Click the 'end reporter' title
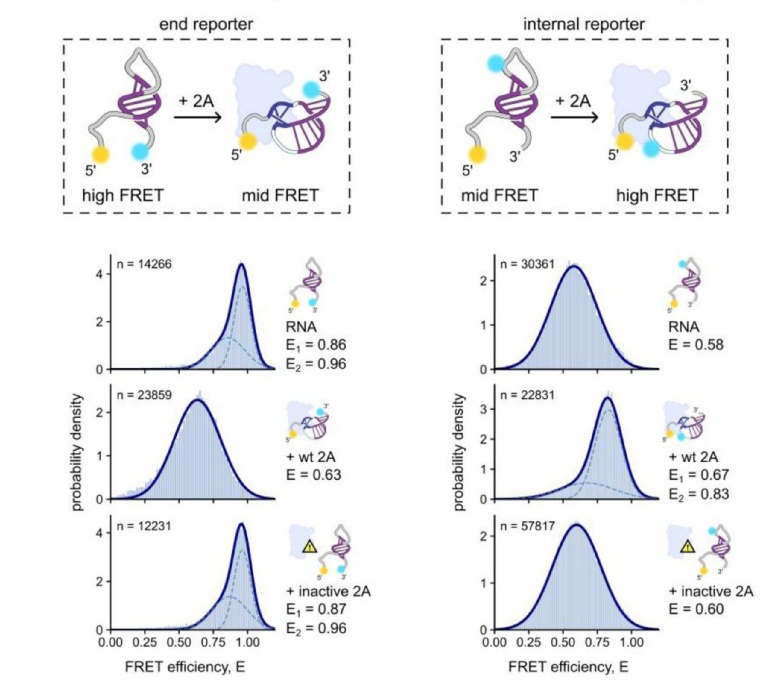(206, 25)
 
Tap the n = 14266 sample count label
(144, 264)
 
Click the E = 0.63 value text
(314, 475)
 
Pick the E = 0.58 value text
(696, 345)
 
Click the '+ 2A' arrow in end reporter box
(197, 117)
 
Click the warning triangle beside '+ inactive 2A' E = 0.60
(688, 547)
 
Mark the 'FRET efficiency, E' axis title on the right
(568, 667)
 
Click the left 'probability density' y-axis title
(77, 452)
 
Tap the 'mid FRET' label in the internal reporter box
(499, 195)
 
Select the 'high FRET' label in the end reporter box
(123, 195)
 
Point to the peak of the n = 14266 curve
(242, 264)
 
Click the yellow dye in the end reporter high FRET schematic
(100, 154)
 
